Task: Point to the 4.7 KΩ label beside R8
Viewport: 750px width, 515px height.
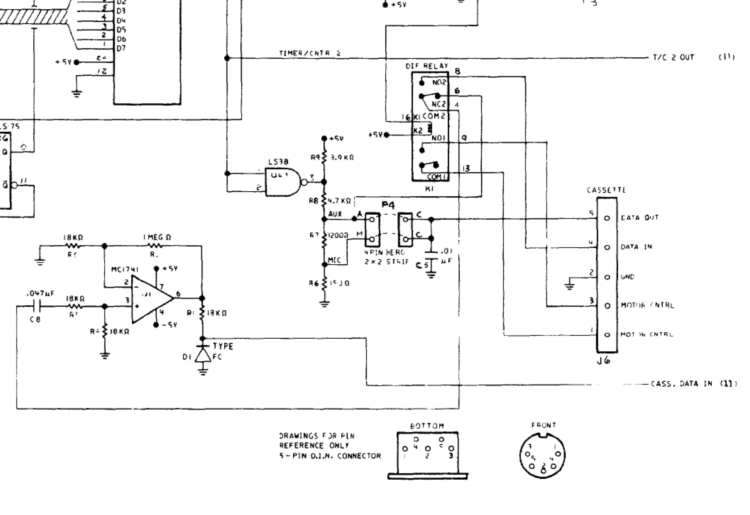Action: tap(339, 201)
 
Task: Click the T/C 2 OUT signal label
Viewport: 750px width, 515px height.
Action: tap(674, 57)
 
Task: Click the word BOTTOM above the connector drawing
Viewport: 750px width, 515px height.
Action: tap(427, 426)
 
